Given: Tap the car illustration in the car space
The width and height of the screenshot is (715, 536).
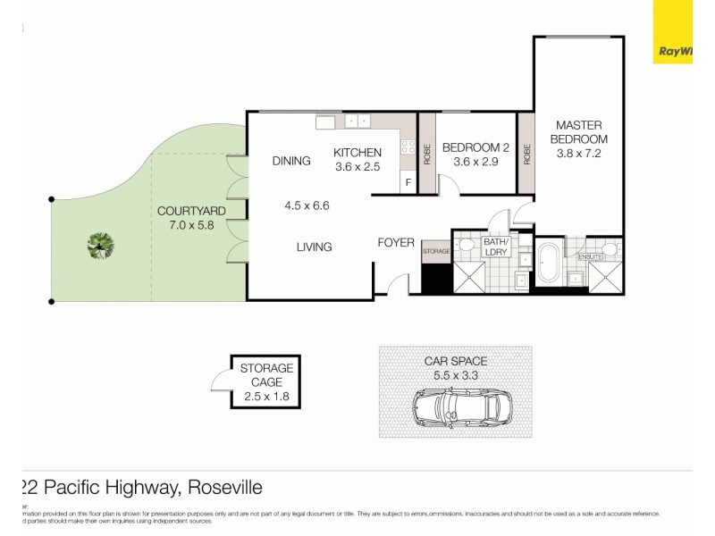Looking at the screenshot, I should pos(456,408).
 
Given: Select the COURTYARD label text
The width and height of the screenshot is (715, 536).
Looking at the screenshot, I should pos(190,211).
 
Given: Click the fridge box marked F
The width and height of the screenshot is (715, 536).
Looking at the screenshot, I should pos(408,183).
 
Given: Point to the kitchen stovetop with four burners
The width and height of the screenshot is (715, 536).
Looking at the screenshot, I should pos(408,148).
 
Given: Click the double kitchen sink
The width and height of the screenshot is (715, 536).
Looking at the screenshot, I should pos(357,121).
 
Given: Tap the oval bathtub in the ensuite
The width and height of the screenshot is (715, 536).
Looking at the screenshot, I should pos(550,264).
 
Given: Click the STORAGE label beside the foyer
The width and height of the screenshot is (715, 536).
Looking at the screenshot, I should pos(436,252).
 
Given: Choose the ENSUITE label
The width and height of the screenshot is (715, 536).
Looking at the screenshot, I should pos(591,257).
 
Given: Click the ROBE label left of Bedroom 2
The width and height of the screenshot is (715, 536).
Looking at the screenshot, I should pos(427,154).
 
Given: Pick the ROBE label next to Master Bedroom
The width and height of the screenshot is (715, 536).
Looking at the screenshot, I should pos(526,154).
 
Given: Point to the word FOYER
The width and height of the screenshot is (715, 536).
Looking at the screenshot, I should pos(396,242).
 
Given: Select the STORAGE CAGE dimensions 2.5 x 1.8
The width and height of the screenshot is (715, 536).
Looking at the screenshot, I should pos(266,397).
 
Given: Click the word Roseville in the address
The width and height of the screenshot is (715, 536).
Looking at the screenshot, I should pos(224,488).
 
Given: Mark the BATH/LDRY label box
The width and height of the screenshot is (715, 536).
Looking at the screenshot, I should pos(495,247).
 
